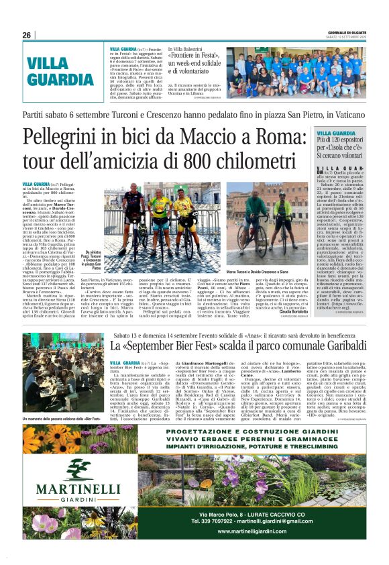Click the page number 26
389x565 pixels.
pyautogui.click(x=26, y=35)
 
